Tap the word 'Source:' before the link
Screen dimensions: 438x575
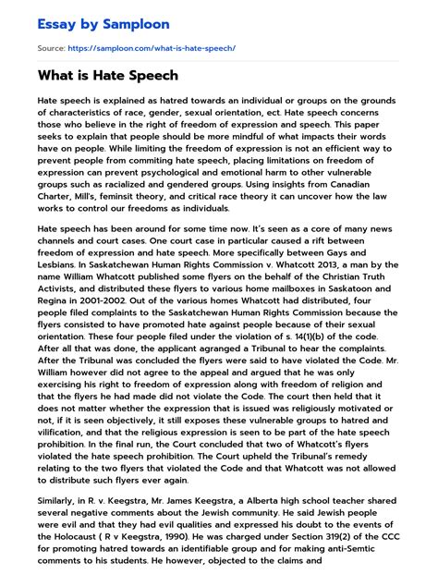[52, 46]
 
